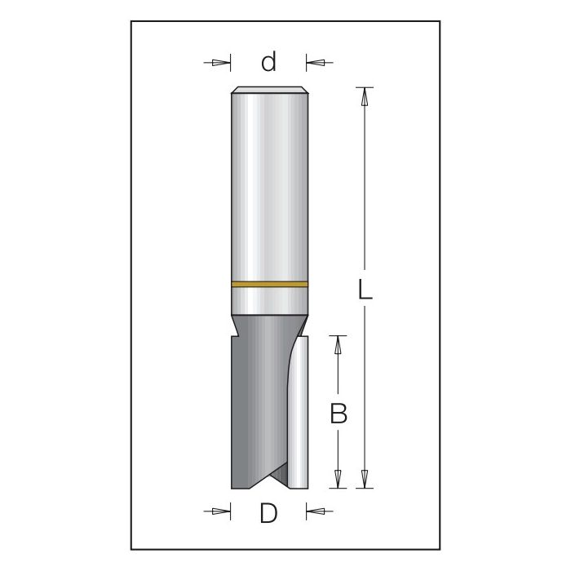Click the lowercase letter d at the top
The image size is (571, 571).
click(x=269, y=62)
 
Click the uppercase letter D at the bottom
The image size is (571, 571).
click(x=268, y=513)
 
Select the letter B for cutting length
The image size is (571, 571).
click(x=339, y=414)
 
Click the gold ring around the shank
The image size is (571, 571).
click(x=269, y=285)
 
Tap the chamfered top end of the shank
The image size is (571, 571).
click(x=269, y=90)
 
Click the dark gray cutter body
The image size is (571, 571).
click(x=257, y=400)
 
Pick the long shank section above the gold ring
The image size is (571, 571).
click(x=269, y=188)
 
